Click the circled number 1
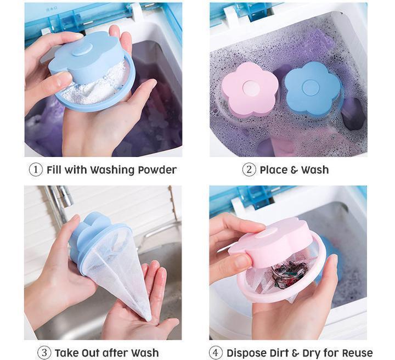(36, 170)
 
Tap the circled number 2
(249, 170)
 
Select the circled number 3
(44, 352)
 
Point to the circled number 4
(216, 352)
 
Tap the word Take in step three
(66, 352)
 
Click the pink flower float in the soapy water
(250, 89)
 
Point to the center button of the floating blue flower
(311, 86)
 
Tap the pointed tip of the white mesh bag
(148, 317)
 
